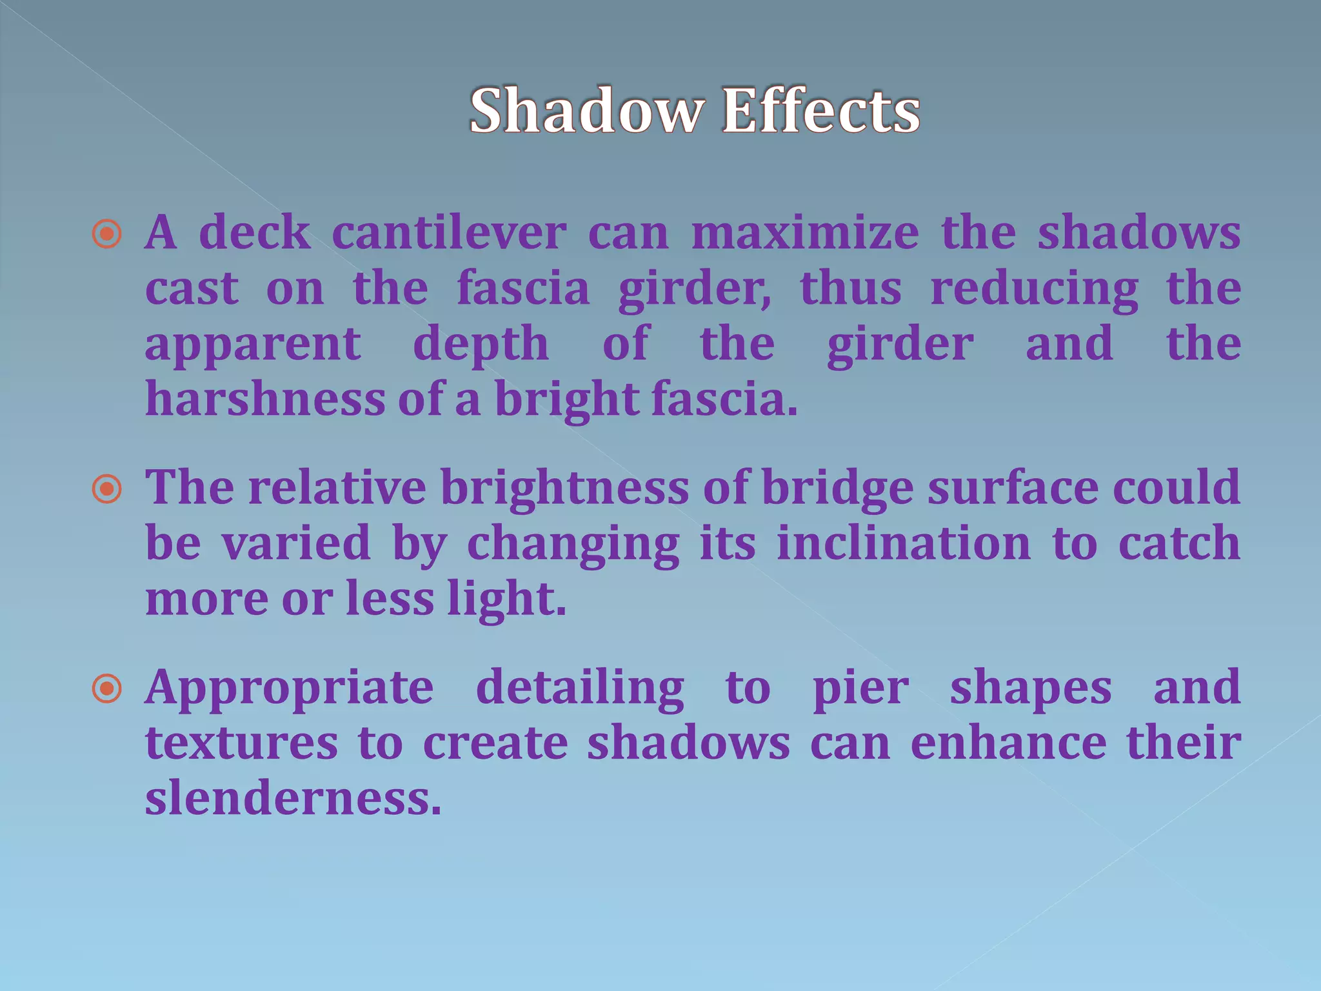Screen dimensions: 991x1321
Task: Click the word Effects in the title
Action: pyautogui.click(x=820, y=111)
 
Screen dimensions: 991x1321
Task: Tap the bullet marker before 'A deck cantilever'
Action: pyautogui.click(x=107, y=234)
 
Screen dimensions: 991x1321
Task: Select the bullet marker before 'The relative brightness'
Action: pyautogui.click(x=107, y=489)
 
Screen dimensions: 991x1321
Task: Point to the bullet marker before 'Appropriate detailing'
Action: pyautogui.click(x=107, y=689)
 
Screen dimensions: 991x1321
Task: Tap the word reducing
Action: pyautogui.click(x=1034, y=289)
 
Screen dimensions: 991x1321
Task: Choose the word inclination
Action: pyautogui.click(x=904, y=543)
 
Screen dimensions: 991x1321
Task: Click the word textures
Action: pyautogui.click(x=241, y=743)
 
